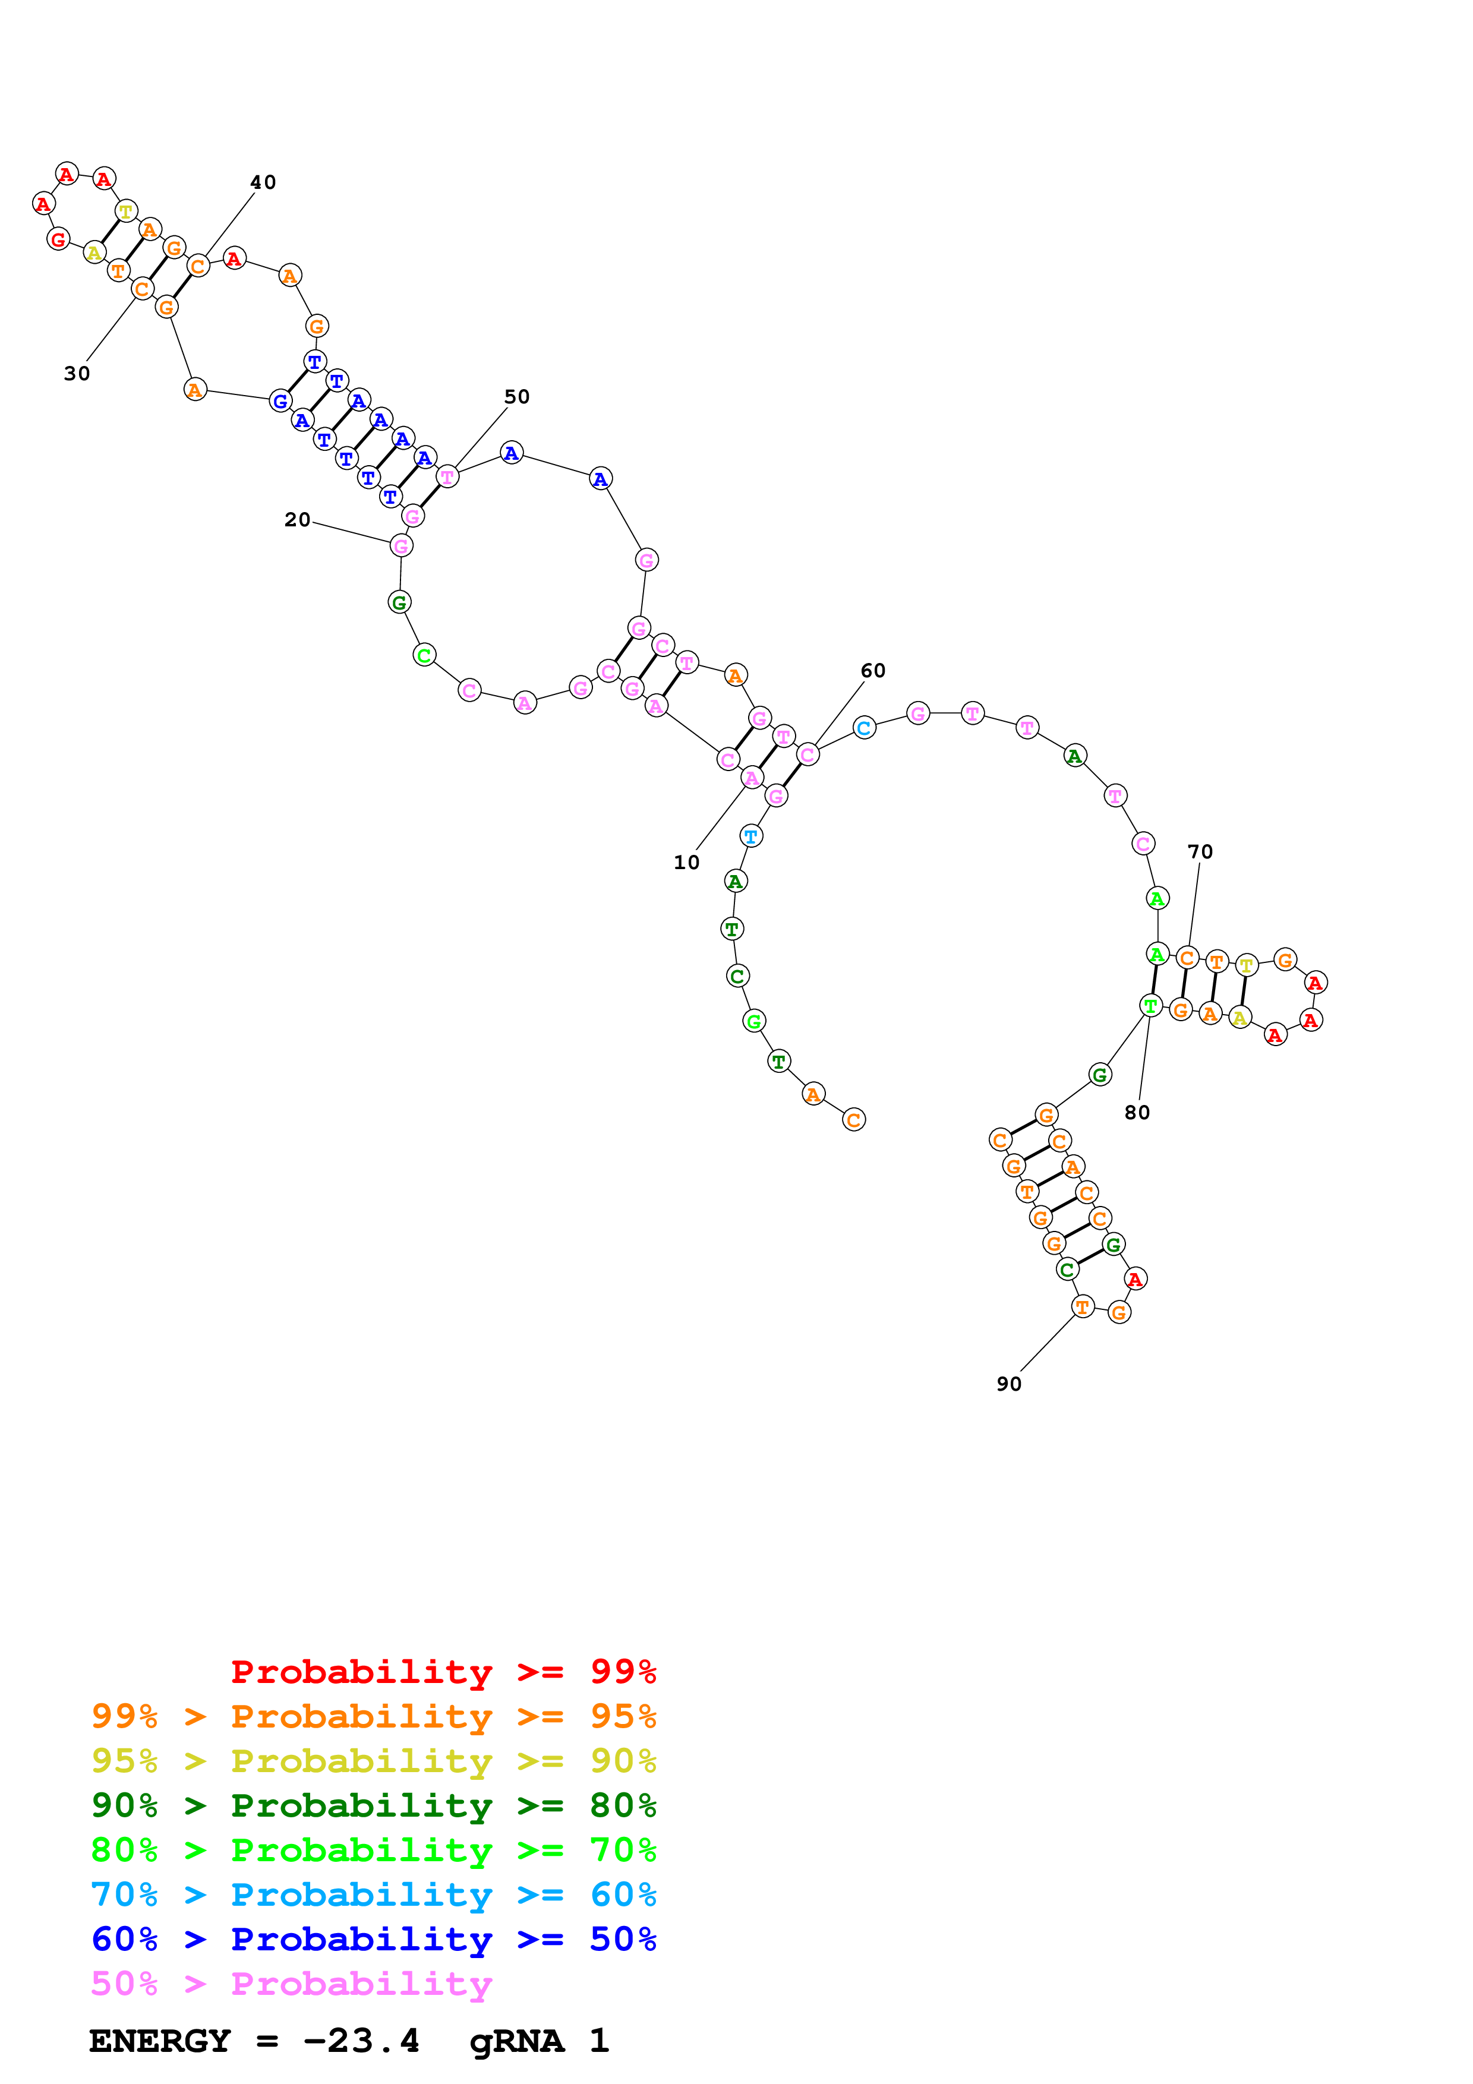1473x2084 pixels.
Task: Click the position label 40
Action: [x=263, y=182]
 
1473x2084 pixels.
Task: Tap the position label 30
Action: [x=77, y=373]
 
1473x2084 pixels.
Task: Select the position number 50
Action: [x=516, y=397]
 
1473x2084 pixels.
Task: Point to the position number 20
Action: [x=297, y=519]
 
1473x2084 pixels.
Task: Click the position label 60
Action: [x=872, y=670]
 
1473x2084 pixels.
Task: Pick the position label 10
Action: [x=686, y=862]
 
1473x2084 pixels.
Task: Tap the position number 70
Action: [x=1200, y=851]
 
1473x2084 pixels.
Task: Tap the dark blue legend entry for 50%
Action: [x=373, y=1939]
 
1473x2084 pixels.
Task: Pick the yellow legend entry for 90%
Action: [x=373, y=1760]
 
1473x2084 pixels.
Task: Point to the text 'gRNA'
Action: [x=516, y=2041]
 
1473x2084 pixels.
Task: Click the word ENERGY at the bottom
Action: [x=160, y=2041]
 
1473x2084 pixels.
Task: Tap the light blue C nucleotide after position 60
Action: [x=864, y=727]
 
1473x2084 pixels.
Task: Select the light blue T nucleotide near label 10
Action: [x=750, y=836]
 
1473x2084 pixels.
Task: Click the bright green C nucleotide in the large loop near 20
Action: [x=424, y=655]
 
